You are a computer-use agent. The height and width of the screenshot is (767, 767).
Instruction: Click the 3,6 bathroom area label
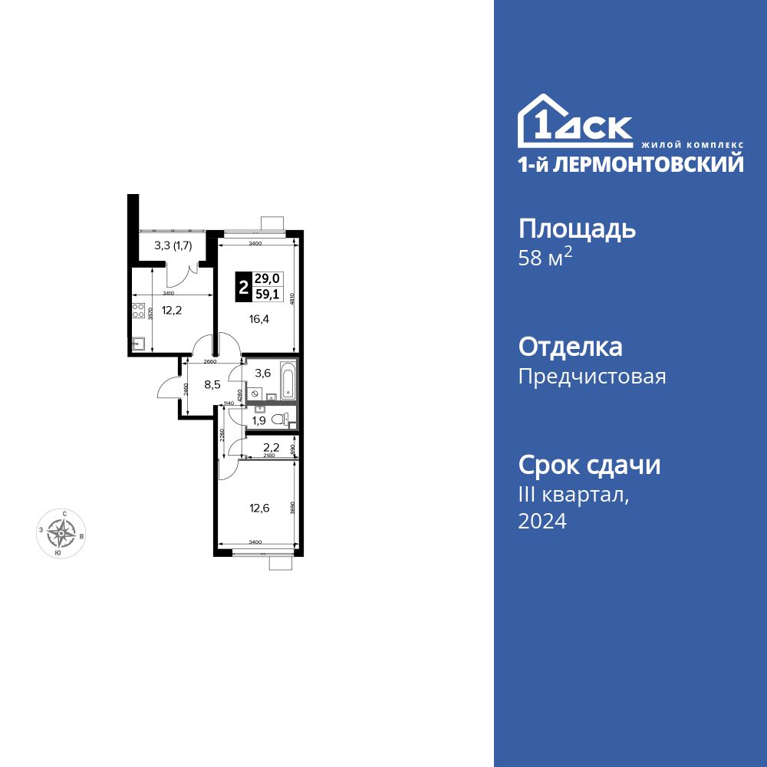click(262, 374)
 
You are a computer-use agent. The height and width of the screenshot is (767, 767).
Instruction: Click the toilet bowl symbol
click(286, 419)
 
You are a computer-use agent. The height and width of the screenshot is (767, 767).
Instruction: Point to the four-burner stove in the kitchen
click(138, 311)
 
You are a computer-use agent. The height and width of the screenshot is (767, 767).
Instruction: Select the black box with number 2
click(243, 288)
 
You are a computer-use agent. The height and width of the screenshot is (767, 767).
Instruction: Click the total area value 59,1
click(268, 294)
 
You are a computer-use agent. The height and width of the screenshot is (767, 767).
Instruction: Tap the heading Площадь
click(577, 229)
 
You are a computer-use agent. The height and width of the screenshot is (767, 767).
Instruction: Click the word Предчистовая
click(592, 377)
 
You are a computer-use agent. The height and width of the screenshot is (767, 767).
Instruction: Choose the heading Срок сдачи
click(589, 465)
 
